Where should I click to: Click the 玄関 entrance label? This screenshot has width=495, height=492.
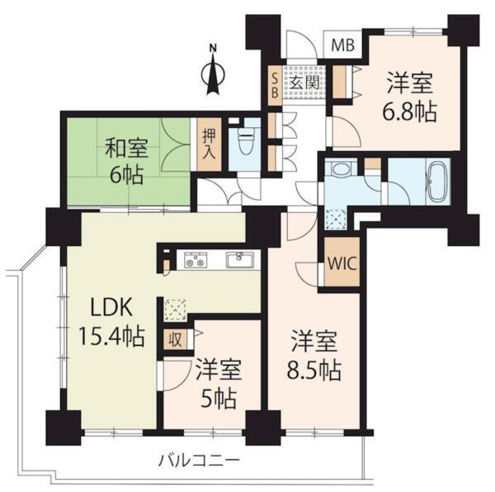[x=304, y=83]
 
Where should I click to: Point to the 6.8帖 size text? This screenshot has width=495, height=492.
[x=411, y=109]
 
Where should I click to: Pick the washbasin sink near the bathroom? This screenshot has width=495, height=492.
[x=338, y=170]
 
